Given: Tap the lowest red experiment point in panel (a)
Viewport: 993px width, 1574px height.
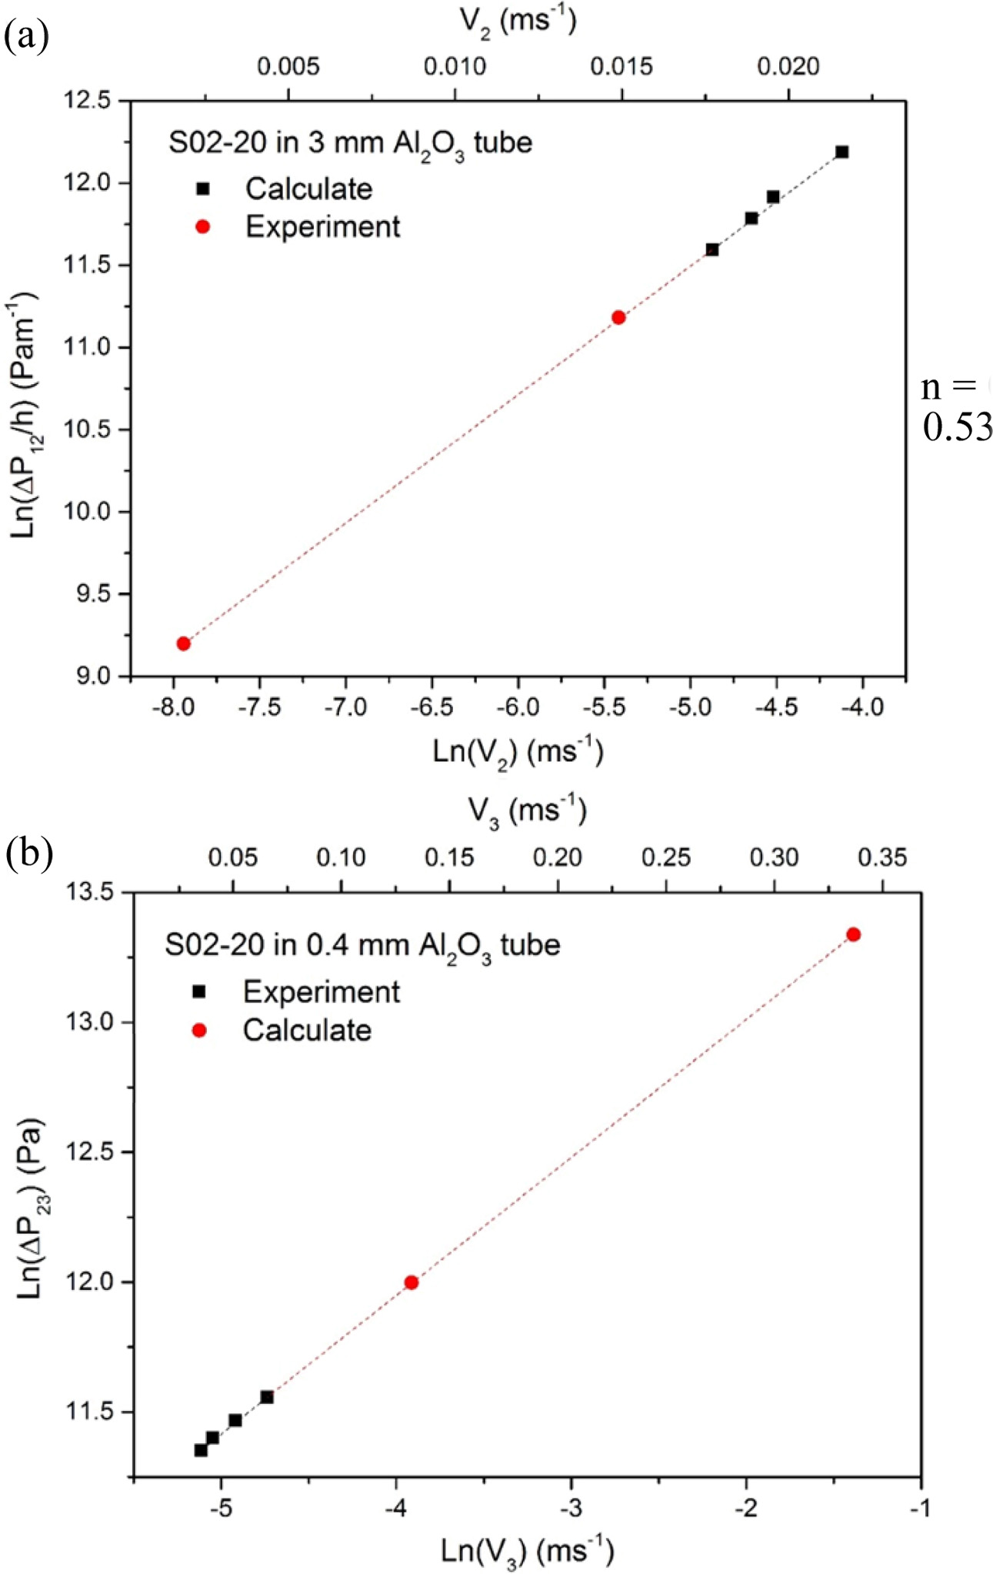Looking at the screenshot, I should click(x=183, y=643).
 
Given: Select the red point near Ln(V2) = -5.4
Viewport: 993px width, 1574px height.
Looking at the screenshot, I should click(x=618, y=317).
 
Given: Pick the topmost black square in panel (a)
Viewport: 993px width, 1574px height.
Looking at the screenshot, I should click(x=842, y=152).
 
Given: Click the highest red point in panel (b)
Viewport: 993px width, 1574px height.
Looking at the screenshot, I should click(x=853, y=934).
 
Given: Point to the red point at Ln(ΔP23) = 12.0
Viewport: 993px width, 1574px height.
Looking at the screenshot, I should click(x=412, y=1282).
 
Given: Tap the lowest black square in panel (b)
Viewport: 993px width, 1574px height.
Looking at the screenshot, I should click(x=201, y=1450).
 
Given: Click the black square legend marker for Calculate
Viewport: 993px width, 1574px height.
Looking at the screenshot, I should click(x=203, y=189).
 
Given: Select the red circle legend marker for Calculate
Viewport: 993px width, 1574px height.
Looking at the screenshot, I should click(x=199, y=1031).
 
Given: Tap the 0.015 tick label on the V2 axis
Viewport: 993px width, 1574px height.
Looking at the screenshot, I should click(x=621, y=67).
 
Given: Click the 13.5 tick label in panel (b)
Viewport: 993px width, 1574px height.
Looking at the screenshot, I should click(x=92, y=893).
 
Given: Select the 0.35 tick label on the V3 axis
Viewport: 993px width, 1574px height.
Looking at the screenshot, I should click(x=882, y=857).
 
